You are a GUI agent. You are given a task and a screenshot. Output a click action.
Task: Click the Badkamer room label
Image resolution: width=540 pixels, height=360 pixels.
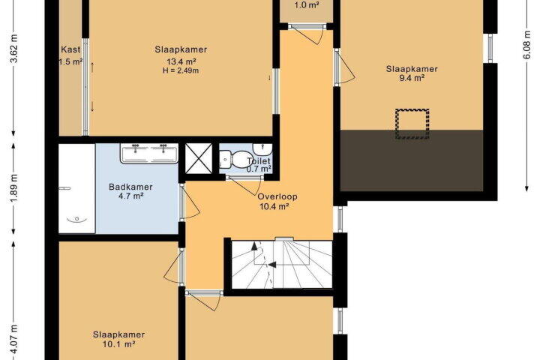(x=130, y=187)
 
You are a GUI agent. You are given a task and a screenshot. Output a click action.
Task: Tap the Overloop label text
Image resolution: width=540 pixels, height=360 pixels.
(x=277, y=196)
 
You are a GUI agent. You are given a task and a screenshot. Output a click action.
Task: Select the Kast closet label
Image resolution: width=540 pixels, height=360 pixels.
(x=70, y=49)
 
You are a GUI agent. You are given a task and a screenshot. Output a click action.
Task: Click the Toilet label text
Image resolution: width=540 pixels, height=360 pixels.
(x=258, y=161)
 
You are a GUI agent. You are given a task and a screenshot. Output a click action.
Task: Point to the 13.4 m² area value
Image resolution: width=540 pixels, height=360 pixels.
(x=181, y=61)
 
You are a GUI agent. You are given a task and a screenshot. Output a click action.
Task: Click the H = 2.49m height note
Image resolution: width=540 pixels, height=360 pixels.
(x=181, y=70)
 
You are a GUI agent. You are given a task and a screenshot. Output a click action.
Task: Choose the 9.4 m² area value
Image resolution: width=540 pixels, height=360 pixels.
(x=412, y=78)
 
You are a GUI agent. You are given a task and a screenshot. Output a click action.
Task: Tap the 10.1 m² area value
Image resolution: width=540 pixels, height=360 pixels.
(x=118, y=343)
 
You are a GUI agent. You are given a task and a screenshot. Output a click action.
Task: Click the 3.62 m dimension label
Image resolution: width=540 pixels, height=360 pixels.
(x=14, y=49)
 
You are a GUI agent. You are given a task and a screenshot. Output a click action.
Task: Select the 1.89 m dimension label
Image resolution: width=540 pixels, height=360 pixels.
(x=14, y=188)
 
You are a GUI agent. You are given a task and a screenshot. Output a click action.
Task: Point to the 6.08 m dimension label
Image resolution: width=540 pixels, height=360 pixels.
(x=527, y=45)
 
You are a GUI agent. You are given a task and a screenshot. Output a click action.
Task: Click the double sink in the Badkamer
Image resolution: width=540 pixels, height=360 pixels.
(x=149, y=153)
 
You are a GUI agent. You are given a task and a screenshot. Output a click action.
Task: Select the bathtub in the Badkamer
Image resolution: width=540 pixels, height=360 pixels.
(x=76, y=188)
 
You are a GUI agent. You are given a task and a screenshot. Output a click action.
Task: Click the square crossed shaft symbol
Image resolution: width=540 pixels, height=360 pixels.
(x=199, y=158)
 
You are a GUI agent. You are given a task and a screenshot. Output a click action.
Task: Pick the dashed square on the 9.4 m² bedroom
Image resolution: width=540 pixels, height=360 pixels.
(x=412, y=124)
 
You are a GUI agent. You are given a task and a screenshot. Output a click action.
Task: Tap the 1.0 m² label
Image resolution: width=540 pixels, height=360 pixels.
(x=307, y=5)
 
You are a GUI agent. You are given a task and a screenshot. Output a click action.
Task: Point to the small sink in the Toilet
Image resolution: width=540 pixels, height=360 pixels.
(x=262, y=149)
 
